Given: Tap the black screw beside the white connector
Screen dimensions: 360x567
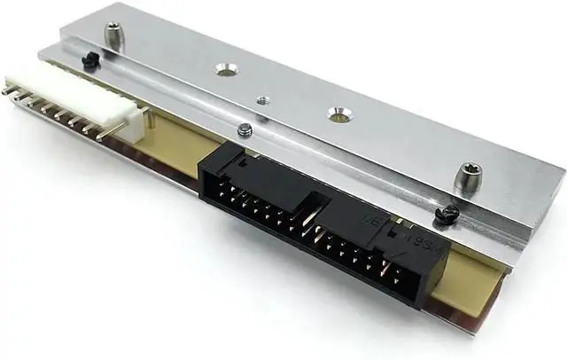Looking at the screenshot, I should [89, 59].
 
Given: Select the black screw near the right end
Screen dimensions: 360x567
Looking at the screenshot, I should [449, 213].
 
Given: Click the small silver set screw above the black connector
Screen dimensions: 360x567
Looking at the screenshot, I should [245, 130].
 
